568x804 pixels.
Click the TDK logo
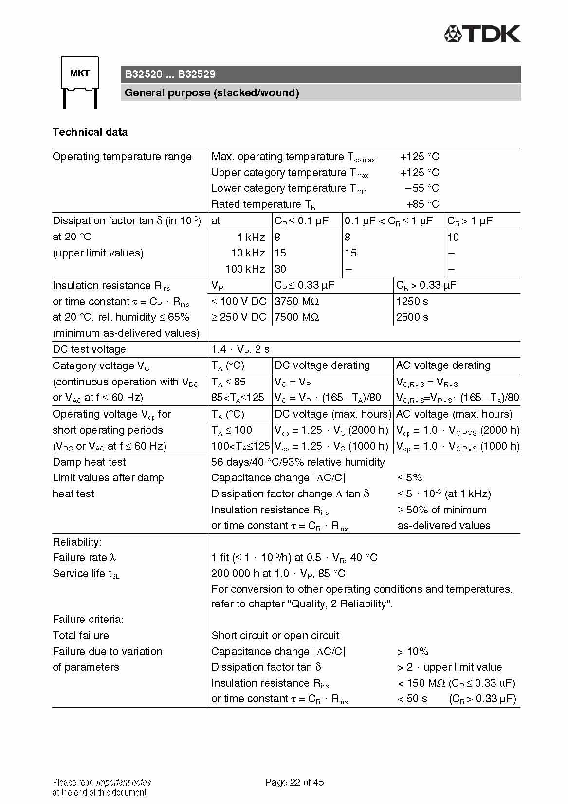(482, 34)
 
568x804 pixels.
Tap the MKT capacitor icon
(80, 81)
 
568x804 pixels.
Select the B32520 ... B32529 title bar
(320, 74)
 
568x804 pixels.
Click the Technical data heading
(90, 132)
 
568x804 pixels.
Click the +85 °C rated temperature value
(422, 204)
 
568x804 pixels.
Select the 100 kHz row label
(245, 269)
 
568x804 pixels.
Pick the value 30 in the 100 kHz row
(280, 269)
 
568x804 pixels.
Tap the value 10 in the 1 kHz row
(453, 238)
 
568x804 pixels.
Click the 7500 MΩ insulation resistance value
(296, 317)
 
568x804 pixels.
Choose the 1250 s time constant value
(412, 302)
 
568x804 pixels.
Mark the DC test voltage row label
(89, 349)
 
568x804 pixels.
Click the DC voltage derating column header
(322, 365)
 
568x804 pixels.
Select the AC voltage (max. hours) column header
(454, 414)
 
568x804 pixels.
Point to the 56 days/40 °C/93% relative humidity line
(298, 462)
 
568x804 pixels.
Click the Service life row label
(86, 574)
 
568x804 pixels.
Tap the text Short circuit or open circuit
(275, 636)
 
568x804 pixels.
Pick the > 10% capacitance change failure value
(413, 652)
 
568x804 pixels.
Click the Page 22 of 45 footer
(294, 782)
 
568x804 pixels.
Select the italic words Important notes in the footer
(124, 783)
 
